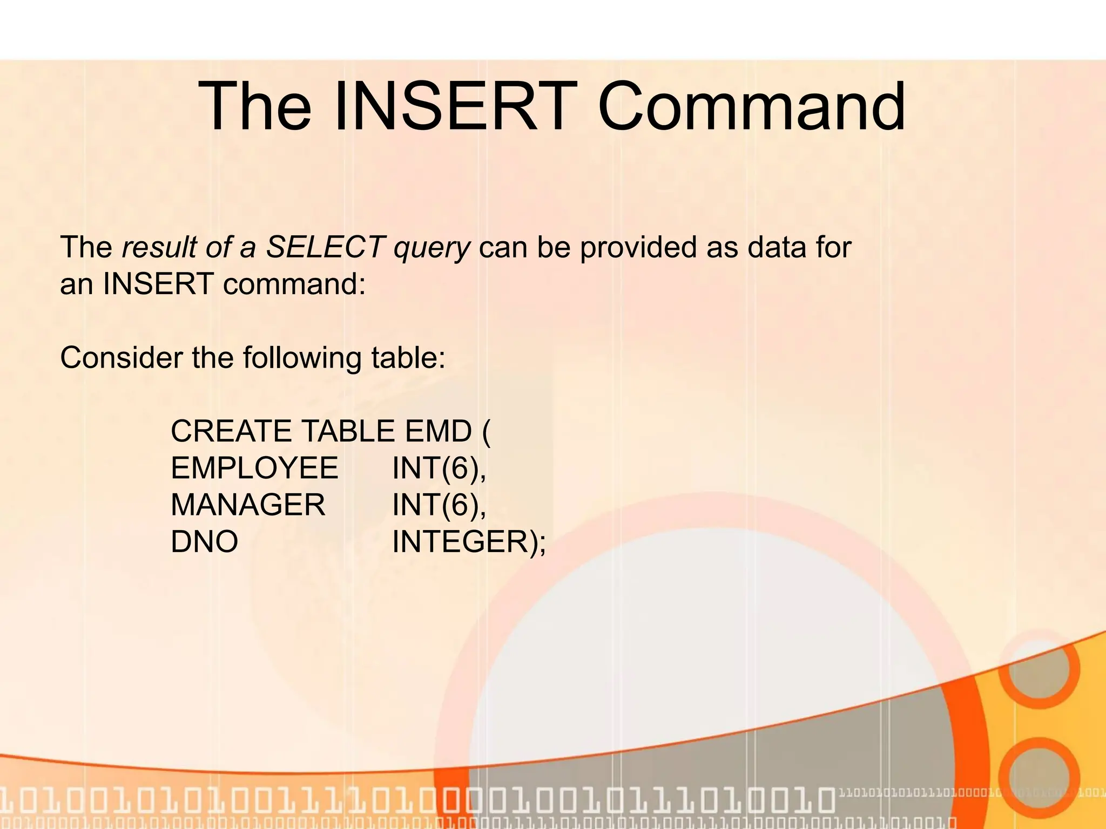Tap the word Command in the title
coord(751,106)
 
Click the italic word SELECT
coord(325,248)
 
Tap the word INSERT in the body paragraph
coord(158,284)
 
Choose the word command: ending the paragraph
coord(294,284)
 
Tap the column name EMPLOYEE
coord(254,468)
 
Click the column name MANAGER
coord(248,505)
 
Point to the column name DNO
coord(204,541)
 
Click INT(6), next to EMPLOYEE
coord(439,468)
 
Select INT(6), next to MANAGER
coord(439,505)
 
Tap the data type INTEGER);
coord(469,541)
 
